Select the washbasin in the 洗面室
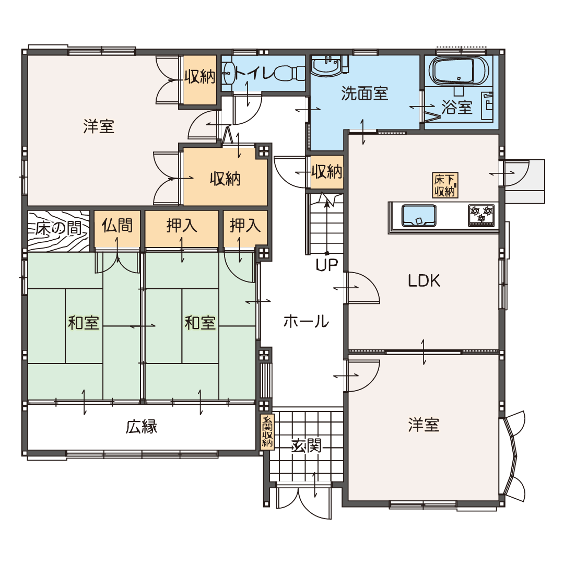(326, 66)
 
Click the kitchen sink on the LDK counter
(418, 216)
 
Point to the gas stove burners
(481, 215)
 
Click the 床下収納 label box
(445, 185)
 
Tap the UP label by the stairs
(326, 265)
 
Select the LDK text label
(424, 280)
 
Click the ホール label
(306, 321)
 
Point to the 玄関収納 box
(267, 431)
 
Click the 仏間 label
(117, 226)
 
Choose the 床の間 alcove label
(58, 228)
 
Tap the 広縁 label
(142, 427)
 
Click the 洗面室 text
(365, 93)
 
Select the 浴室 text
(457, 107)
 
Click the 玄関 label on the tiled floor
(305, 446)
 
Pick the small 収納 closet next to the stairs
(326, 172)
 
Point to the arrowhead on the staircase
(326, 203)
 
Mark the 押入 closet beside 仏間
(182, 229)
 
